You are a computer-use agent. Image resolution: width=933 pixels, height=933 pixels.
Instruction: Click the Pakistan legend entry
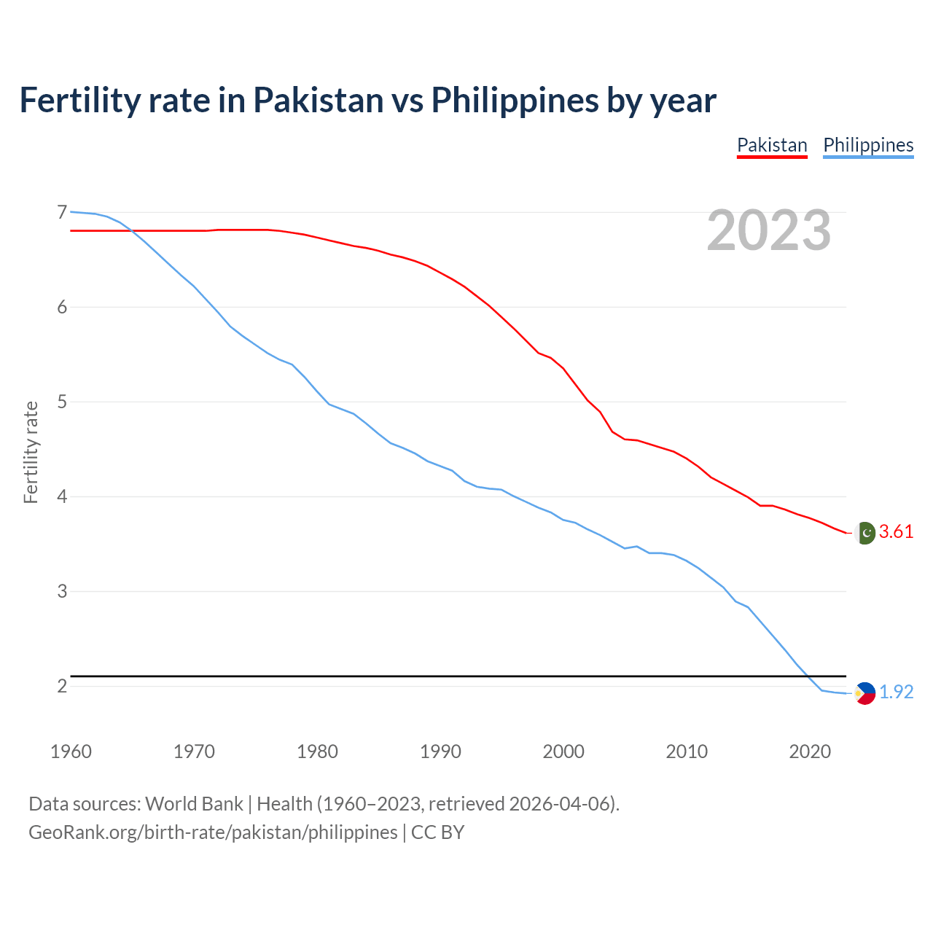tap(772, 145)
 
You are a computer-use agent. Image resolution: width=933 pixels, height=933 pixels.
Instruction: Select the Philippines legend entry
tap(868, 145)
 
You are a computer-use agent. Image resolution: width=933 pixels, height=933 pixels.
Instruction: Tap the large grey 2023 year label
tap(769, 230)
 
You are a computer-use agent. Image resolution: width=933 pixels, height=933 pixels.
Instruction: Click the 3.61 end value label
tap(896, 532)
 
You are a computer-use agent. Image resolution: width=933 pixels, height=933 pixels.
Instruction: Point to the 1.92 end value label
tap(896, 692)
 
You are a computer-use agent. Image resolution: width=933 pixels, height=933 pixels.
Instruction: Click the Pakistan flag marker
tap(864, 533)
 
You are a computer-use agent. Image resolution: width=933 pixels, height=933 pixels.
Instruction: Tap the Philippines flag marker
tap(864, 693)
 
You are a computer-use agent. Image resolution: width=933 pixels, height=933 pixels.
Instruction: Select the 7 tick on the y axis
tap(62, 213)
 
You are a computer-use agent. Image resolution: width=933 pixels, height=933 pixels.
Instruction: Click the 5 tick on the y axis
tap(62, 402)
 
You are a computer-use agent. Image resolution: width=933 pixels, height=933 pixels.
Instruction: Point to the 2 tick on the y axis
tap(62, 686)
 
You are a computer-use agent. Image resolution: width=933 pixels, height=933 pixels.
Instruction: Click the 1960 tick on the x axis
tap(71, 752)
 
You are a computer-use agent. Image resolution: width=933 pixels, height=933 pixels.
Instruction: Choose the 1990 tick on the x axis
tap(440, 752)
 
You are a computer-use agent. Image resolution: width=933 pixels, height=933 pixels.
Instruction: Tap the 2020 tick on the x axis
tap(810, 752)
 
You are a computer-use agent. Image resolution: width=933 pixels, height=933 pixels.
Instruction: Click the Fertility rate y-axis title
tap(31, 452)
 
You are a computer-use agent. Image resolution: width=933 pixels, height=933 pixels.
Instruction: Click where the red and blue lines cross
tap(132, 230)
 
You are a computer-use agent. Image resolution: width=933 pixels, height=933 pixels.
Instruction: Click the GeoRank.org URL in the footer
tap(213, 832)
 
